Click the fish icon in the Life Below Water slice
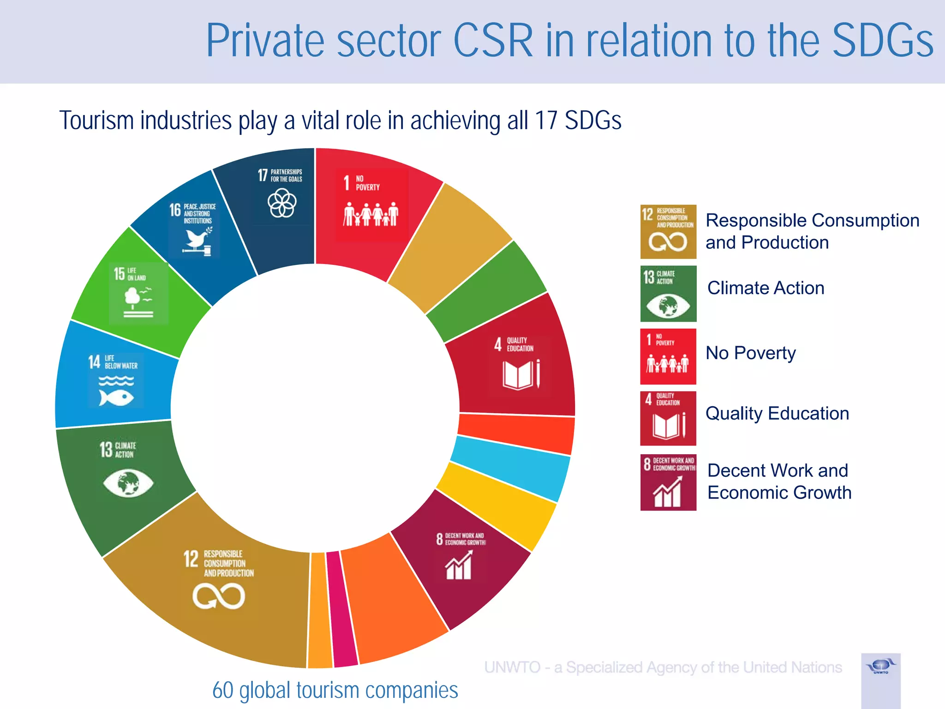tap(116, 397)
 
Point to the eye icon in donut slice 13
tap(128, 483)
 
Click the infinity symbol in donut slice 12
tap(219, 596)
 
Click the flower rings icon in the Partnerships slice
tap(282, 203)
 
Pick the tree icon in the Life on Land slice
tap(134, 298)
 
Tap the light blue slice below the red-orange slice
tap(510, 469)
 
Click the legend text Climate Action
tap(766, 288)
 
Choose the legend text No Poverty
tap(750, 353)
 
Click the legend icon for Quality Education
tap(668, 418)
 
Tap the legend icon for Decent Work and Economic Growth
tap(668, 482)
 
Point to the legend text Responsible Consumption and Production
tap(812, 231)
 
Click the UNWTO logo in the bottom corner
tap(880, 667)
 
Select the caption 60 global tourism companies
tap(335, 691)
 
